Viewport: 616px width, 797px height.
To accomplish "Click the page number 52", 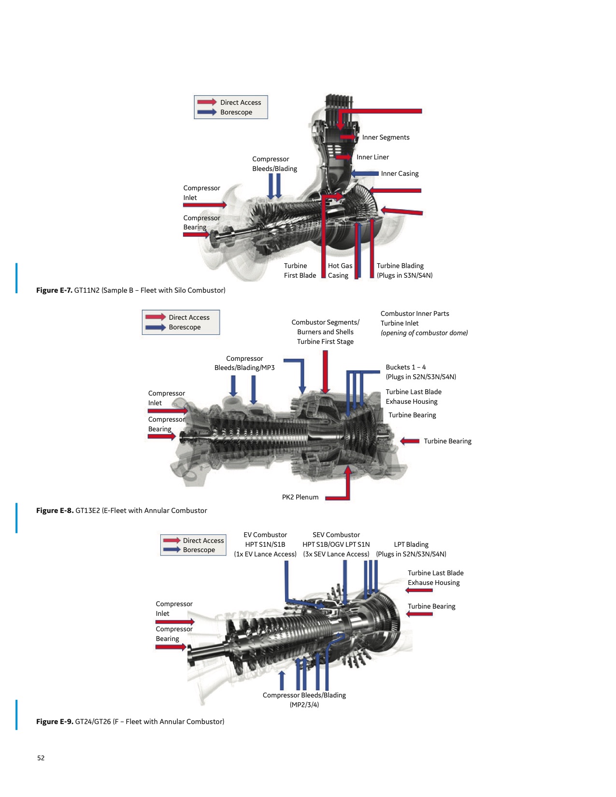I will click(41, 758).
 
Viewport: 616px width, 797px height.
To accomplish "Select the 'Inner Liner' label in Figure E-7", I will click(372, 157).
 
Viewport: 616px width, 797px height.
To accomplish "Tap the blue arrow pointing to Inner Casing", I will click(365, 173).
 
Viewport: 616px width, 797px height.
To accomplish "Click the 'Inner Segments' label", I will click(386, 137).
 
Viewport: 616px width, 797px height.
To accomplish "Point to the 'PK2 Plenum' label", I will click(300, 497).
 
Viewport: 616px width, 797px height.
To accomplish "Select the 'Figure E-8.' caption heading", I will click(55, 511).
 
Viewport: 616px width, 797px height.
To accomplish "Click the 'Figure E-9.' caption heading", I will click(55, 722).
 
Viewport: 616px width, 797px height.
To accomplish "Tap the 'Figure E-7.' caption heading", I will click(54, 290).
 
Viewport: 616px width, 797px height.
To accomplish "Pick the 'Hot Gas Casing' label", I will click(340, 270).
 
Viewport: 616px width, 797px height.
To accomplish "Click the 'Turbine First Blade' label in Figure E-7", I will click(300, 270).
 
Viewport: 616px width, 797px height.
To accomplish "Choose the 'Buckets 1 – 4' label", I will click(405, 367).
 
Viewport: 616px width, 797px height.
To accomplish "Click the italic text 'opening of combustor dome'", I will click(424, 333).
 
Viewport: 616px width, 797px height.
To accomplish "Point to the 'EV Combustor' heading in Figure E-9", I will click(265, 535).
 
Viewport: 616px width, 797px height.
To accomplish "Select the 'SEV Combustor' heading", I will click(336, 535).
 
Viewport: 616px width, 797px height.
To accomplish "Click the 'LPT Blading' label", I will click(411, 544).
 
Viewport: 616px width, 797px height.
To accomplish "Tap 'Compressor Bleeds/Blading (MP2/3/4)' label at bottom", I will click(304, 699).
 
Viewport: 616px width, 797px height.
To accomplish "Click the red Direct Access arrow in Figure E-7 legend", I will click(207, 102).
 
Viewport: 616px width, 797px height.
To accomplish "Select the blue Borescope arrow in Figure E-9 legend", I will click(172, 550).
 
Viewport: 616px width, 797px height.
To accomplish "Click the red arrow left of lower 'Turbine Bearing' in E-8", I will click(410, 441).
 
